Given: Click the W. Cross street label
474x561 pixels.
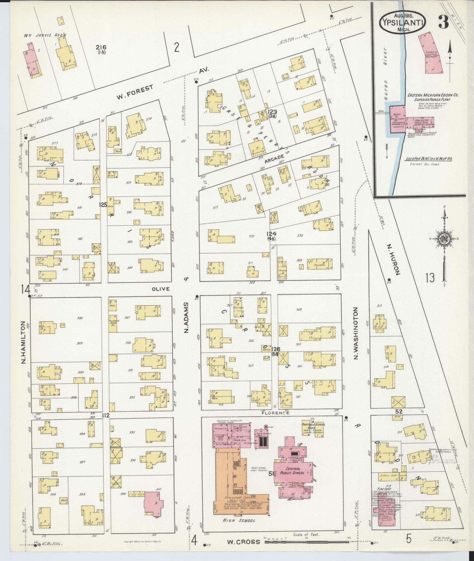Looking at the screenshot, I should tap(243, 541).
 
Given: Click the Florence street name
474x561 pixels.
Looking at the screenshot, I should tap(275, 413).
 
